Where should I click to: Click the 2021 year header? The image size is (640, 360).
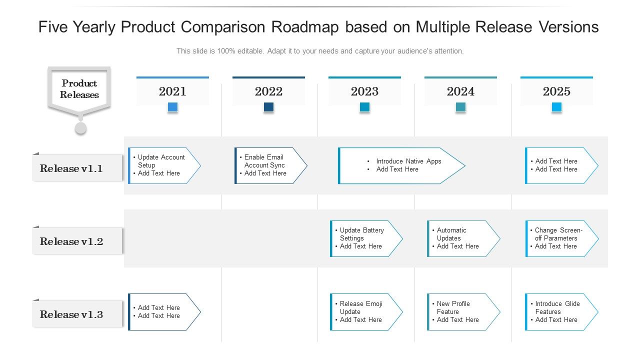pos(172,91)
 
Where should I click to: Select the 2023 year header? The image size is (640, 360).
pos(364,91)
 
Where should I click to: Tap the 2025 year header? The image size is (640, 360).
pos(556,91)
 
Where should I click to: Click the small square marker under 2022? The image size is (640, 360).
pos(268,107)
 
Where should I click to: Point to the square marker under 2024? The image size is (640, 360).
pos(460,107)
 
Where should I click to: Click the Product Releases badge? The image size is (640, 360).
pos(79,89)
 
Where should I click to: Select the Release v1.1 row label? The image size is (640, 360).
pos(71,168)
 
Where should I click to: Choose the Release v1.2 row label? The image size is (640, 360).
pos(71,241)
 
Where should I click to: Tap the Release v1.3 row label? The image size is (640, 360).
pos(71,314)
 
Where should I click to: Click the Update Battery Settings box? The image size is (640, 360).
pos(365,238)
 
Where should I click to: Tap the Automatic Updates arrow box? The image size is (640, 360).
pos(462,238)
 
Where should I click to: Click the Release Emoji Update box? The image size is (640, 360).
pos(365,311)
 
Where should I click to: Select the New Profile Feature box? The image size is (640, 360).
pos(462,311)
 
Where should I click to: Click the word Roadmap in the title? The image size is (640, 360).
pos(304,27)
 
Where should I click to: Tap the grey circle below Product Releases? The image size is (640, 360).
pos(80,128)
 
